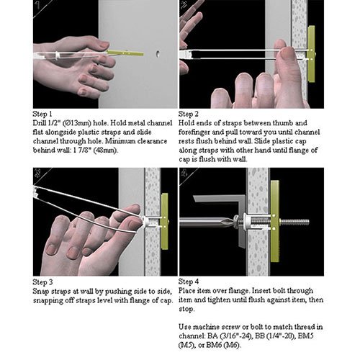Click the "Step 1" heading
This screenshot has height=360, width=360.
(x=42, y=114)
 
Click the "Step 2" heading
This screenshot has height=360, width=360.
(x=188, y=114)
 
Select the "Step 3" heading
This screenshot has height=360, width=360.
(x=42, y=282)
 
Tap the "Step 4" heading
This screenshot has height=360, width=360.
(x=189, y=282)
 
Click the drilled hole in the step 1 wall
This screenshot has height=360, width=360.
(x=158, y=53)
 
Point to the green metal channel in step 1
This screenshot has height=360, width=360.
(x=125, y=53)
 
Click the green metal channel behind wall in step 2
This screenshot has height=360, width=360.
(x=311, y=54)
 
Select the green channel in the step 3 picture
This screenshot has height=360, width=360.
(x=165, y=221)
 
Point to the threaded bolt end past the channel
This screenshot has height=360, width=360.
(x=294, y=222)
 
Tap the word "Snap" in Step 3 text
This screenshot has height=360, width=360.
(x=40, y=292)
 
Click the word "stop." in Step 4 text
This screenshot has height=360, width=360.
(x=186, y=309)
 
